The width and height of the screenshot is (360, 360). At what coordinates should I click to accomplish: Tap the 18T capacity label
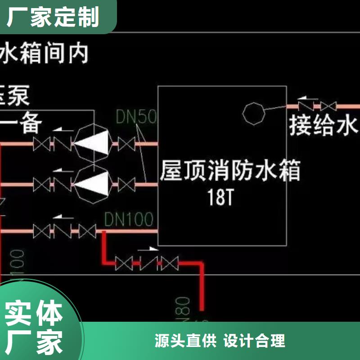click(220, 198)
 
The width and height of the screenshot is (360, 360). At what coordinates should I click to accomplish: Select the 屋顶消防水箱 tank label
click(230, 171)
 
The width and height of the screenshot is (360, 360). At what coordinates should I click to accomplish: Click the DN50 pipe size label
click(136, 117)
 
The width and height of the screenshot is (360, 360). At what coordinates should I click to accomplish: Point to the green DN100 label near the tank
click(129, 219)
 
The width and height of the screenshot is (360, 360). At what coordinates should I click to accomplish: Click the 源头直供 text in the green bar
click(186, 341)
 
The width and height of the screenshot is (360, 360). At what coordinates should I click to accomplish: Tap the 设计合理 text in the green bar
click(255, 341)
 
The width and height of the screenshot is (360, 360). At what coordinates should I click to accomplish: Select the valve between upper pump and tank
click(126, 144)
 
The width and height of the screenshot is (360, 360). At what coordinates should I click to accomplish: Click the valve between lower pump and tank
click(126, 184)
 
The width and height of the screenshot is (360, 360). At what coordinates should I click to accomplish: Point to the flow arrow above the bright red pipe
click(146, 248)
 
